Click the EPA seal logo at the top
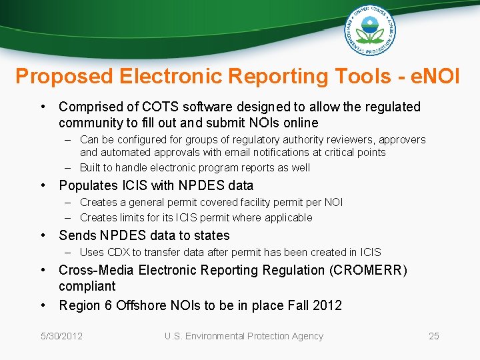(370, 31)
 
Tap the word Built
(91, 167)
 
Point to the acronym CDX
(117, 252)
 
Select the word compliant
(87, 286)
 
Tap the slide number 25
(433, 336)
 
